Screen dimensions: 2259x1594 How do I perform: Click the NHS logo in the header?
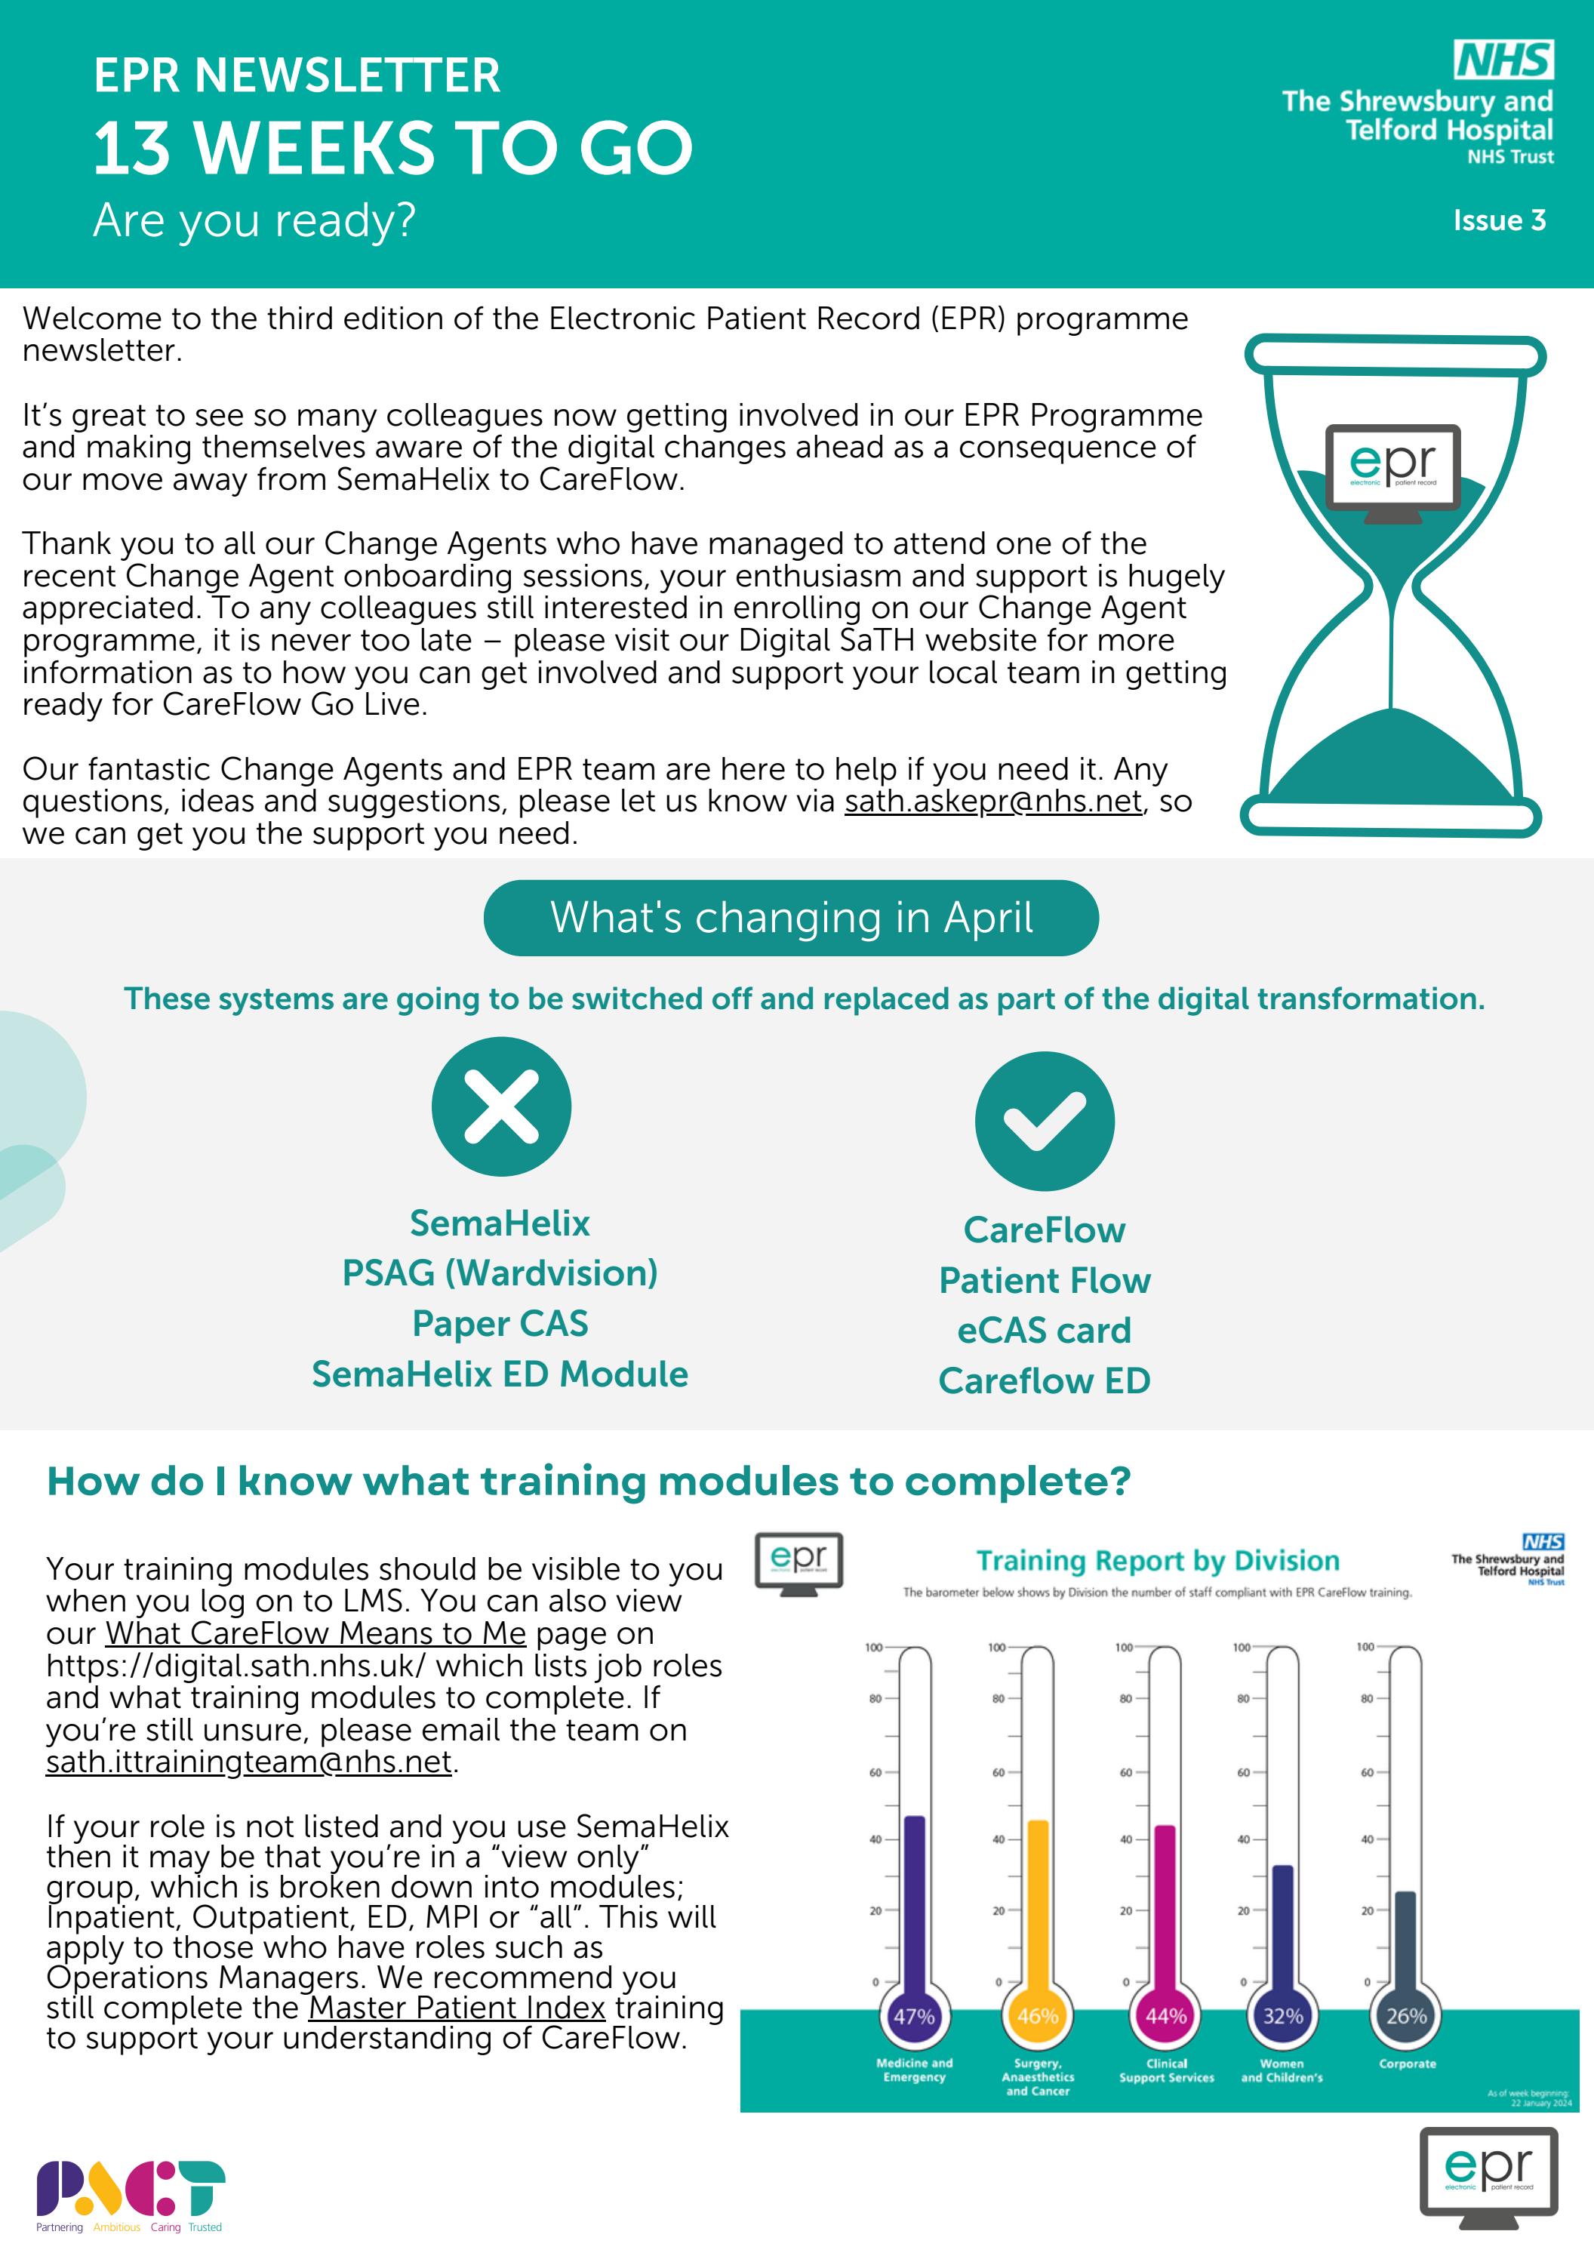coord(1503,60)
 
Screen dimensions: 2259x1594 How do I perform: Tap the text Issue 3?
coord(1499,220)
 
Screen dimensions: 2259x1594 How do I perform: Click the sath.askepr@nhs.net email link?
coord(992,801)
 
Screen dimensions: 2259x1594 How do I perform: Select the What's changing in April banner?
coord(791,917)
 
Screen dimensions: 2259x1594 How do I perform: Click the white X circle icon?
coord(501,1106)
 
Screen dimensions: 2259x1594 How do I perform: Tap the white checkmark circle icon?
coord(1044,1121)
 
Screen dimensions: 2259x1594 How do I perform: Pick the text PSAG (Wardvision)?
coord(500,1273)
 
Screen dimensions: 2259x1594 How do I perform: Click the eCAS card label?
coord(1044,1330)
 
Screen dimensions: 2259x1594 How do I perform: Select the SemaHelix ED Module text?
coord(500,1374)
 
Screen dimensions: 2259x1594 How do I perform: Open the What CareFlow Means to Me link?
coord(315,1633)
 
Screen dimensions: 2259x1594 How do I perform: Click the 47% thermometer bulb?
coord(913,2016)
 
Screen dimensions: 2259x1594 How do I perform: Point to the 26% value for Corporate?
coord(1406,2016)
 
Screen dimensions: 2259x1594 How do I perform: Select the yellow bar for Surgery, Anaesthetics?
coord(1037,1899)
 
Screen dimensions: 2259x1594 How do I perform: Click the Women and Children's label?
coord(1281,2070)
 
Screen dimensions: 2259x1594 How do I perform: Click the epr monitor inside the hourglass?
coord(1392,468)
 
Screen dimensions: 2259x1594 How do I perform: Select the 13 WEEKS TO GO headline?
coord(393,148)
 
